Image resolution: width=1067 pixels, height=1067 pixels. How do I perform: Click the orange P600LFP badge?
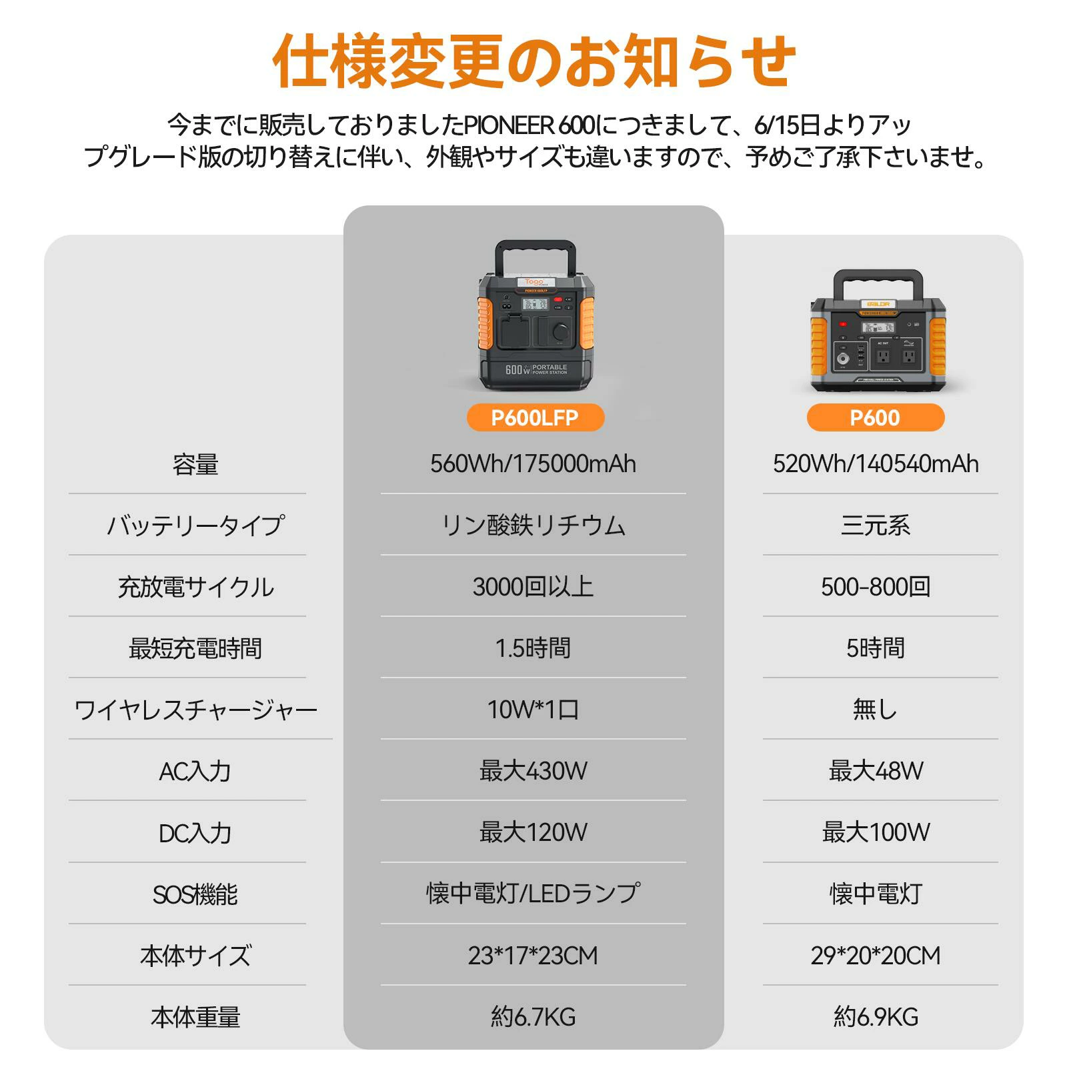tap(535, 417)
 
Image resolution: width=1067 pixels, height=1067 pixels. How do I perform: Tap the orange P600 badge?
tap(875, 417)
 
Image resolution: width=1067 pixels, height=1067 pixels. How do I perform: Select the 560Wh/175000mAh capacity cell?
tap(533, 463)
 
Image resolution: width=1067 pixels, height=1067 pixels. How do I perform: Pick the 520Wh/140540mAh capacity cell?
tap(876, 463)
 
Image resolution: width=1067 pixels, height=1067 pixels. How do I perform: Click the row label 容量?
tap(195, 464)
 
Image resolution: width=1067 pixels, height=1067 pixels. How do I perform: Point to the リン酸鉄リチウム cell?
tap(533, 525)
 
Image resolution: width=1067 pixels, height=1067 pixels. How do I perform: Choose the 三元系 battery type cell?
tap(876, 525)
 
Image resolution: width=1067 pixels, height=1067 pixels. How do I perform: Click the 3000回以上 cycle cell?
tap(533, 587)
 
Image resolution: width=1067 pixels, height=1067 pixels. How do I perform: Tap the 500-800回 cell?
tap(876, 587)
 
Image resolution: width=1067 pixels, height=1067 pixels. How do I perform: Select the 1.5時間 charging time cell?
tap(533, 648)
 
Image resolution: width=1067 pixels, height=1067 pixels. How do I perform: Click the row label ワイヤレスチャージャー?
tap(196, 710)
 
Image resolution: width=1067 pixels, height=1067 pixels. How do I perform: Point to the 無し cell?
tap(875, 710)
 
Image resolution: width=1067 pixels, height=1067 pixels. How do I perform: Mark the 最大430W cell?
tap(533, 771)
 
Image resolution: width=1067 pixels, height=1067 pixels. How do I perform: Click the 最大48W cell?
tap(876, 771)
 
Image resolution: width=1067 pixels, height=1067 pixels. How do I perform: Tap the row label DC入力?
tap(195, 833)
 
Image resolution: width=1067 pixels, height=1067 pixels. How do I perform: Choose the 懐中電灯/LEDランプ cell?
tap(533, 894)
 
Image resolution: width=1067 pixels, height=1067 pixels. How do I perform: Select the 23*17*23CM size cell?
tap(533, 956)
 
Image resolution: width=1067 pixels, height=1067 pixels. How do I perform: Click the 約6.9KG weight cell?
tap(876, 1017)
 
